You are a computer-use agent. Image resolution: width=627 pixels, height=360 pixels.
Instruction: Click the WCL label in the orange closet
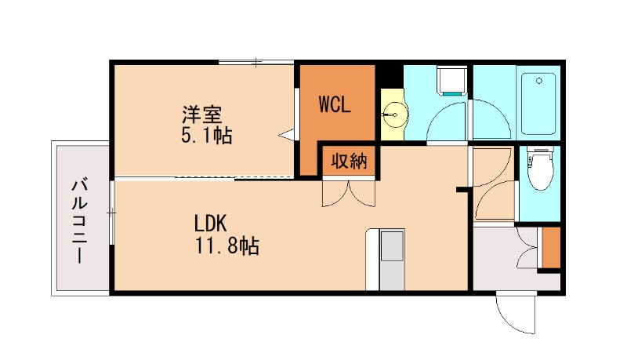(x=335, y=104)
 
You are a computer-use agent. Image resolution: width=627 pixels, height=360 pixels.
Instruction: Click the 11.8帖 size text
(x=227, y=246)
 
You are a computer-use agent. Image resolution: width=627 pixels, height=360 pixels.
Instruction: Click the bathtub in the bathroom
(x=537, y=104)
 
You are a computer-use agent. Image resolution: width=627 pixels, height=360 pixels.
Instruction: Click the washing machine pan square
(x=452, y=81)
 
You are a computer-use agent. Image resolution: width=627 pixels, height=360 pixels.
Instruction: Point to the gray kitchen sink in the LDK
(x=390, y=248)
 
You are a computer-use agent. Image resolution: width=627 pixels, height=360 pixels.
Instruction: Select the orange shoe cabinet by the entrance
(x=551, y=246)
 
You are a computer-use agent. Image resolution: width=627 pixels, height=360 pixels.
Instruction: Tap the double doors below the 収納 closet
(x=349, y=193)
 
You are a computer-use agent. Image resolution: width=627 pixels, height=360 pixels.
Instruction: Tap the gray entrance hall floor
(x=502, y=267)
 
